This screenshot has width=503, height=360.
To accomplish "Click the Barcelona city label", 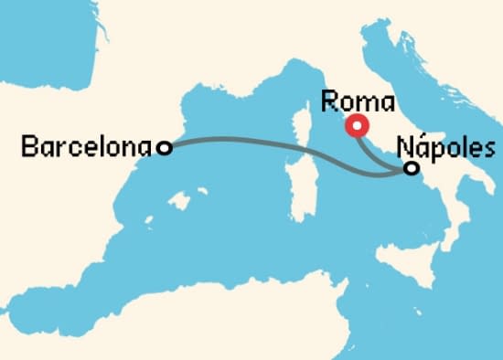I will (x=88, y=146).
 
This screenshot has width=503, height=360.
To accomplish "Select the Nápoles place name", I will (x=447, y=148).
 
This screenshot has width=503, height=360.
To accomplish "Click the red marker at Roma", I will (x=358, y=125).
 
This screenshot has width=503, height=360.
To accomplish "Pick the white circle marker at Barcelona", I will (x=164, y=147).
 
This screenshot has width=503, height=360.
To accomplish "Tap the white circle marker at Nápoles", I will (x=412, y=168).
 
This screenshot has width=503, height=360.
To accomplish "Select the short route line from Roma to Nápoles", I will (x=380, y=152).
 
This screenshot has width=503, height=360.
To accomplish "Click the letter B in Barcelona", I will (x=27, y=146).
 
